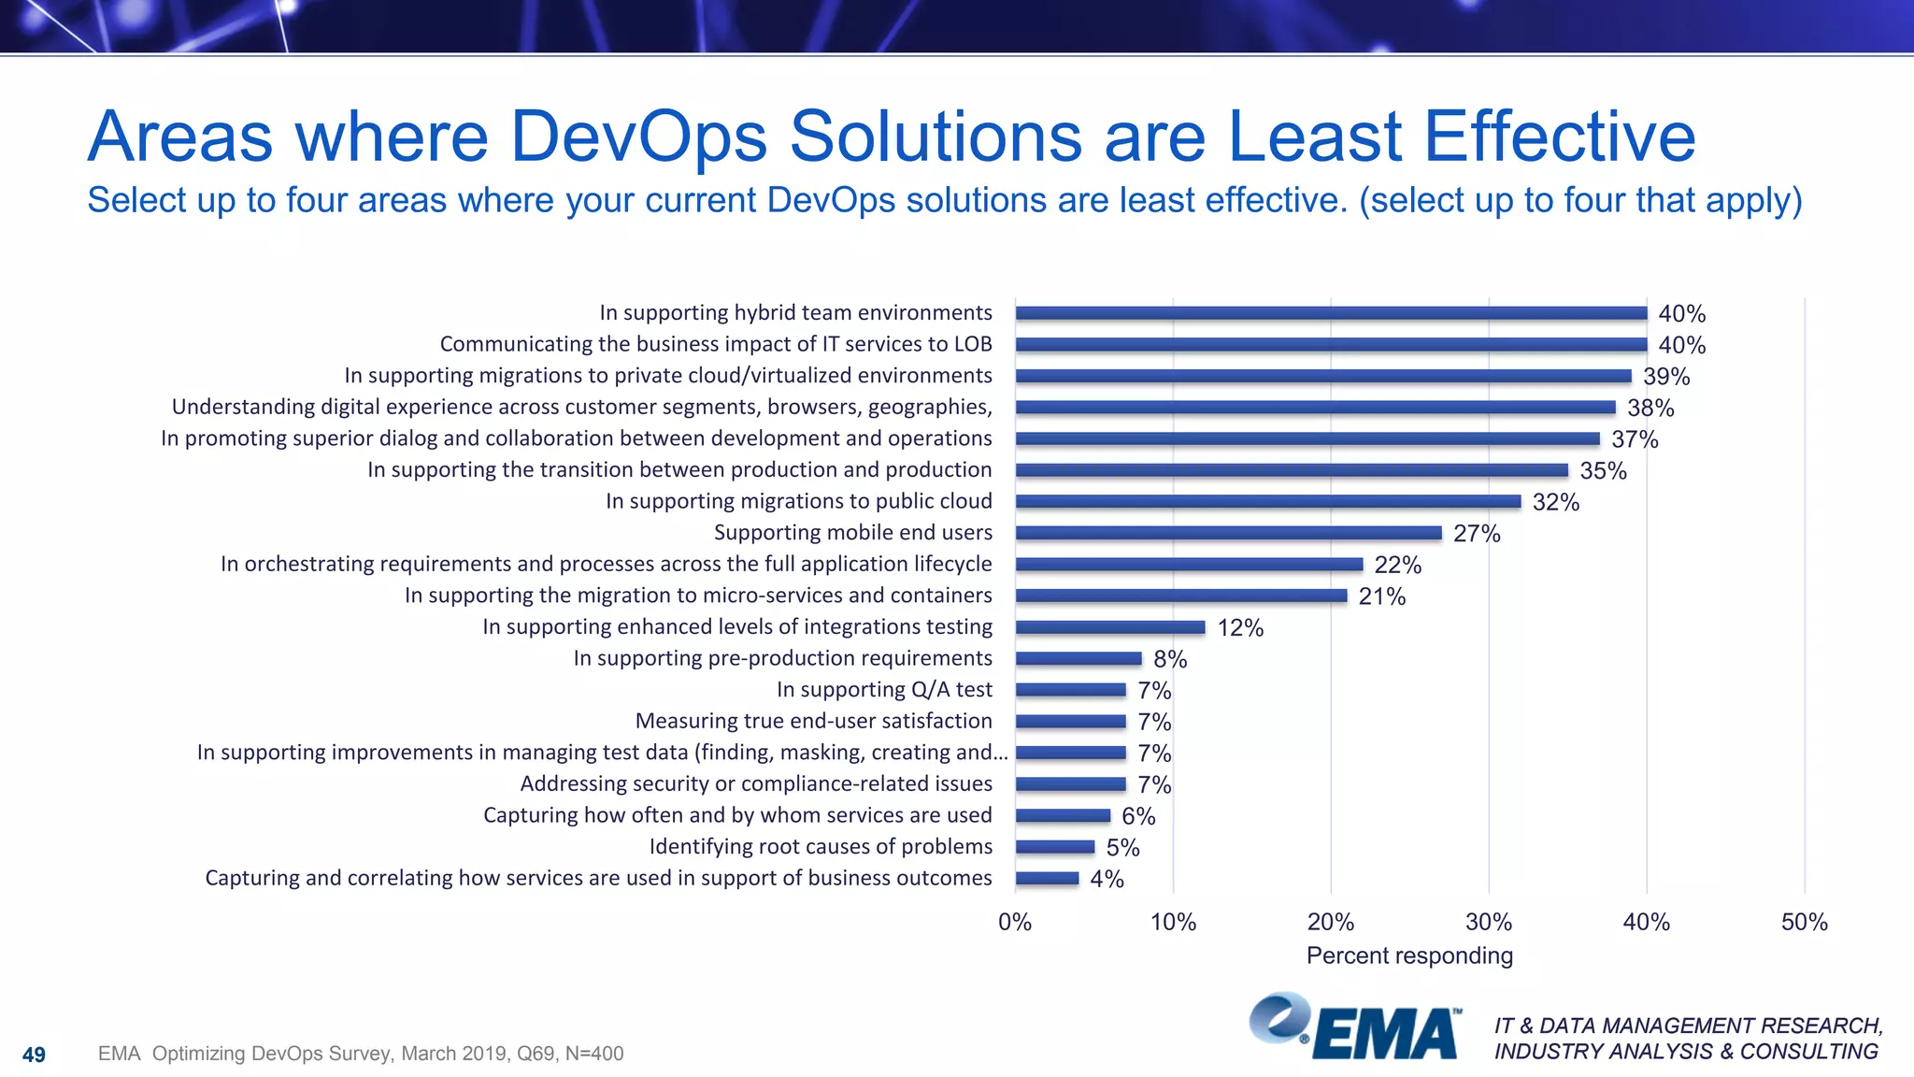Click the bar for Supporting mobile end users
[1228, 533]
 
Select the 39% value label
[1666, 377]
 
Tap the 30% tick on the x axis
[1488, 922]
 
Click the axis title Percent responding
[1409, 955]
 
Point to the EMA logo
[1355, 1028]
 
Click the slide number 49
[34, 1055]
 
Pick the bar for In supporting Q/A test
[1070, 690]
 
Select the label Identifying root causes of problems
[821, 847]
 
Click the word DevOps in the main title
[638, 136]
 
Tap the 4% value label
[1107, 879]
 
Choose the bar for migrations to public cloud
[1267, 502]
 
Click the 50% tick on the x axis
[1804, 922]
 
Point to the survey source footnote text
[361, 1054]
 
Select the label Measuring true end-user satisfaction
[813, 721]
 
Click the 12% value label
[1240, 628]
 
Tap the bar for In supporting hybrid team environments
[1331, 313]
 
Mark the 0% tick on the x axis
[1015, 922]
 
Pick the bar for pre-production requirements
[1078, 658]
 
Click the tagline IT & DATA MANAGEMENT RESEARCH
[1688, 1026]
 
